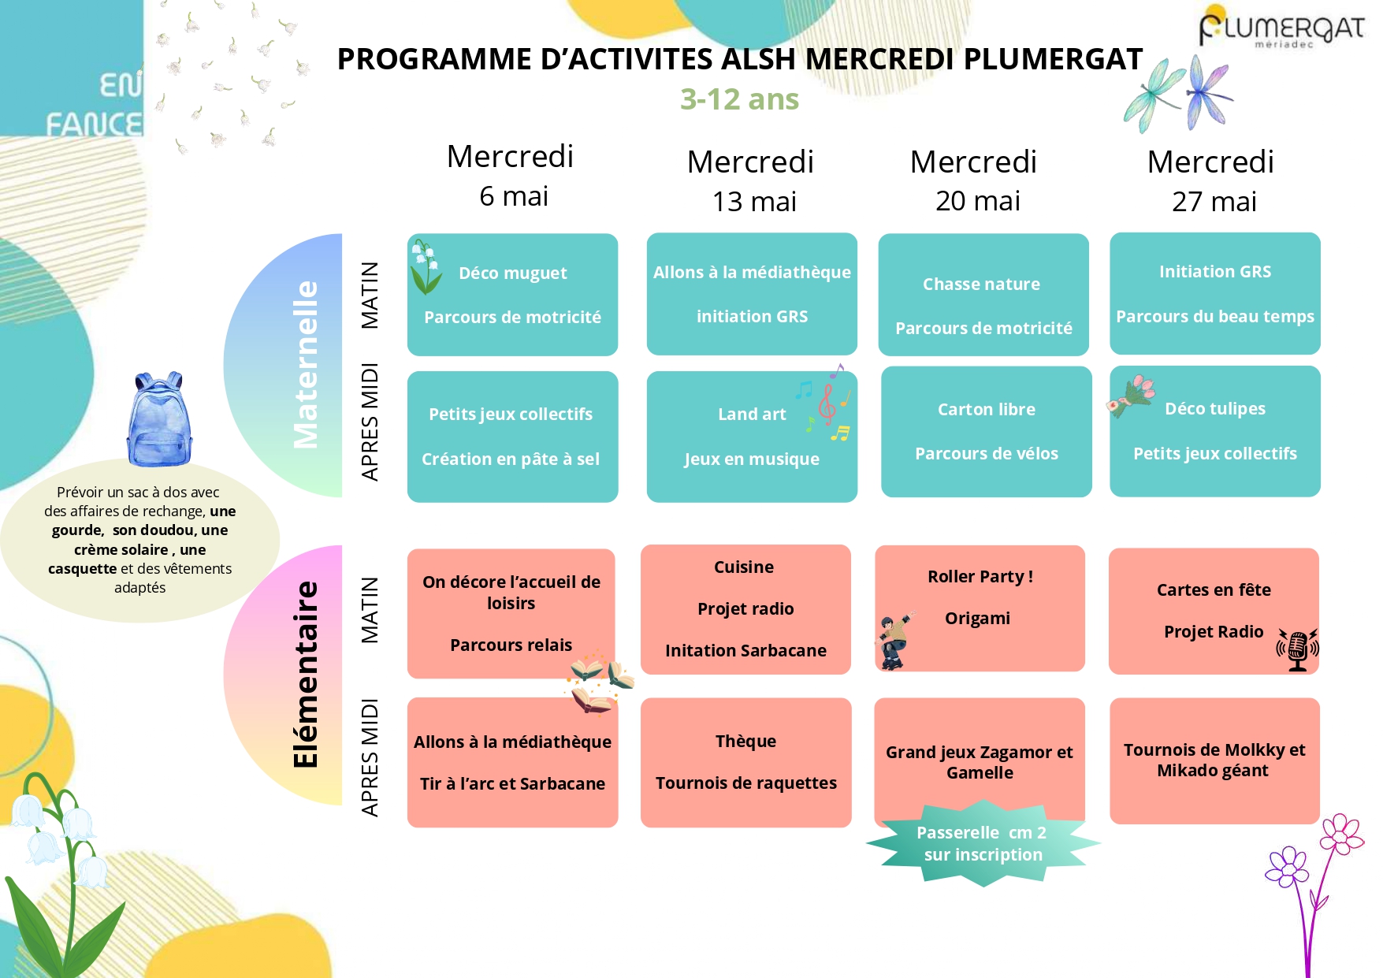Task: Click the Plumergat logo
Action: (1281, 28)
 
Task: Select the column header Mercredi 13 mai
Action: (751, 181)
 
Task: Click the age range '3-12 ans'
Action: (739, 99)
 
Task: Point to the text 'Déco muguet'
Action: (513, 273)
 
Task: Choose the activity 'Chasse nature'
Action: (981, 284)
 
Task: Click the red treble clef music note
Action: (827, 403)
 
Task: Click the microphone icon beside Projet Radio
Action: (1297, 649)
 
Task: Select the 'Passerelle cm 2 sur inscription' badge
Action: (983, 843)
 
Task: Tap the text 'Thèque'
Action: (745, 741)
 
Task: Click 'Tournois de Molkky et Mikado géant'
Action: (1214, 760)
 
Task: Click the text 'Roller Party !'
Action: (980, 576)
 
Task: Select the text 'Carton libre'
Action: (987, 409)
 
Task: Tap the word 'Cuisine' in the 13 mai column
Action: (744, 567)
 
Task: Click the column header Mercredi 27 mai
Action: (1211, 181)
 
